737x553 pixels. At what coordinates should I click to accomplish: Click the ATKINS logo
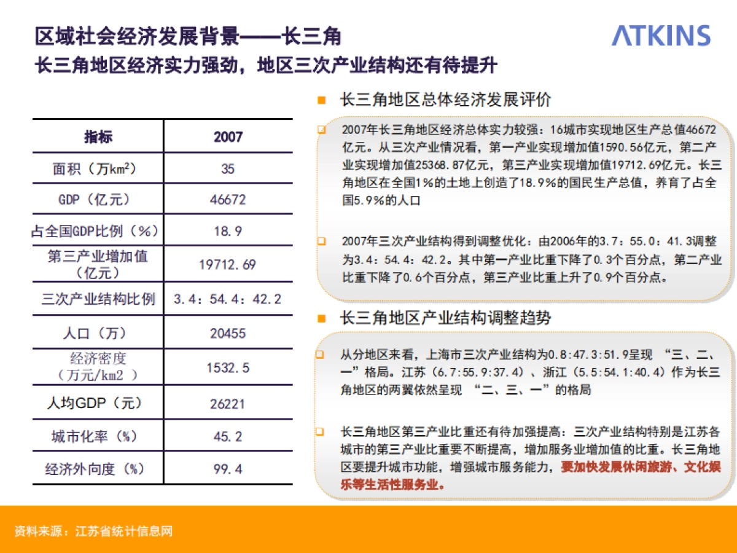point(661,36)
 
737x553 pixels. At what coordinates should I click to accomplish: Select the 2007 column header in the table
point(228,136)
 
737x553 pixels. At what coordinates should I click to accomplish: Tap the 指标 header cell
point(98,136)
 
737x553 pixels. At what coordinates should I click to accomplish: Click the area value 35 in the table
point(228,168)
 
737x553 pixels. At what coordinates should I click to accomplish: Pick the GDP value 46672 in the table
point(228,200)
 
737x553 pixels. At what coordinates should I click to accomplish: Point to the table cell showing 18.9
point(228,231)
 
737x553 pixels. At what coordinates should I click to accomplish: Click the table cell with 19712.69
point(228,265)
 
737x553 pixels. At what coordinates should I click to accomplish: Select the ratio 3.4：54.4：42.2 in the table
point(228,299)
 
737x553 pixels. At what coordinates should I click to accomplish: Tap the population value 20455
point(228,333)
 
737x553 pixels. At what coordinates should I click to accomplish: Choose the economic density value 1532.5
point(228,367)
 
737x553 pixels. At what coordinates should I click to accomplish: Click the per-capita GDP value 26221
point(228,404)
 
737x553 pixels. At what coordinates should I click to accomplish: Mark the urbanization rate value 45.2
point(228,437)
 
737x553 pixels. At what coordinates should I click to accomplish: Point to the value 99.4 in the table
point(228,469)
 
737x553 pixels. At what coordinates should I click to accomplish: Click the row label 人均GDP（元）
point(95,404)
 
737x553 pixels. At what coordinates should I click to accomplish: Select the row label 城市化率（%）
point(95,437)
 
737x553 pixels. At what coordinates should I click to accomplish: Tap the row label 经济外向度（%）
point(95,469)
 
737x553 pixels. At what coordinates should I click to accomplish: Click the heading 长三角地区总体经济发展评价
point(445,100)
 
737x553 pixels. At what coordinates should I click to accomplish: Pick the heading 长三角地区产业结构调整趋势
point(445,318)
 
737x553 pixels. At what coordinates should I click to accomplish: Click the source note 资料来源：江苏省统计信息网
point(93,531)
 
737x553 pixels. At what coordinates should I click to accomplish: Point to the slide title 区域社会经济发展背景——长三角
point(188,36)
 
